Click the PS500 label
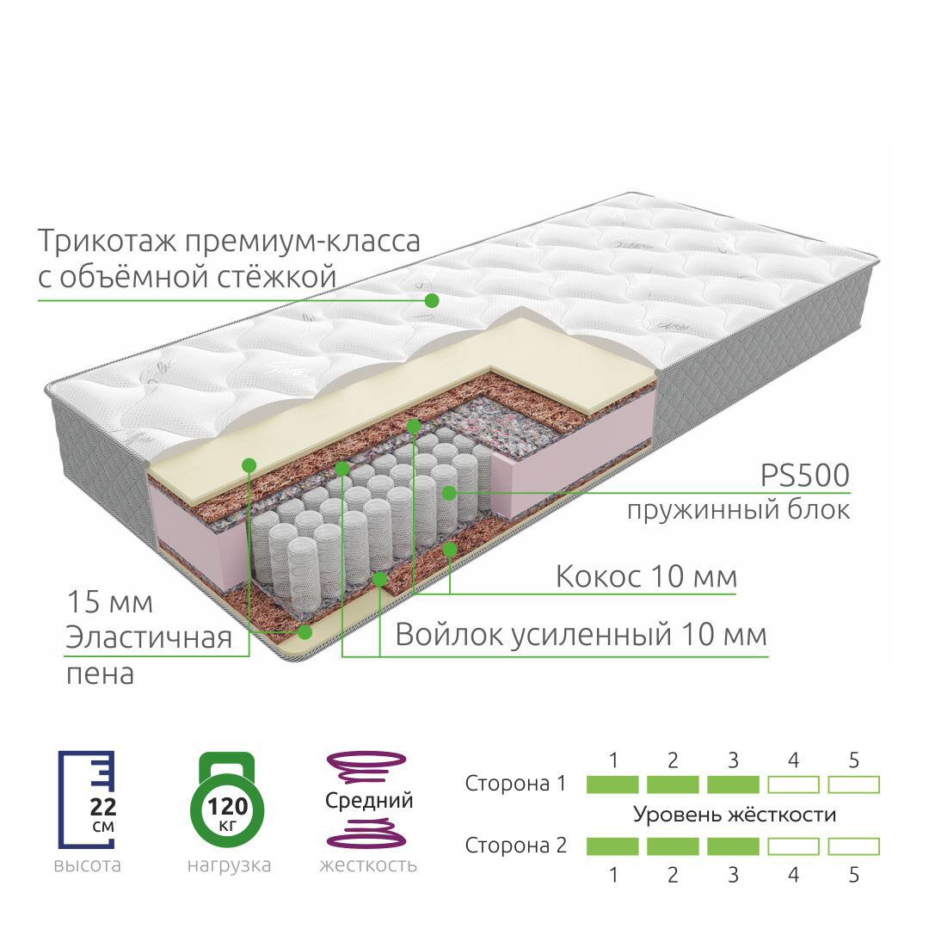pos(804,475)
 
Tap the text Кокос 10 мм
pos(646,575)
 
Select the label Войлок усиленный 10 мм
pos(581,635)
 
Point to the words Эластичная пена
pos(149,655)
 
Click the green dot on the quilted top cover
pos(432,300)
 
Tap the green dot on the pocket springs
pos(448,492)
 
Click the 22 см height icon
pos(86,799)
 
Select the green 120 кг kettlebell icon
pos(227,800)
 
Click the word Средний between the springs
pos(369,801)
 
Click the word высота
pos(87,864)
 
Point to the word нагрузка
pos(229,864)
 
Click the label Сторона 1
pos(516,784)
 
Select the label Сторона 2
pos(516,846)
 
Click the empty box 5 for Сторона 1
pos(853,784)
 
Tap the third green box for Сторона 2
pos(733,846)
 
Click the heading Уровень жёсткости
pos(735,814)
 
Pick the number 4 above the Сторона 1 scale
pos(793,760)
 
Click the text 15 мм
pos(109,602)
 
